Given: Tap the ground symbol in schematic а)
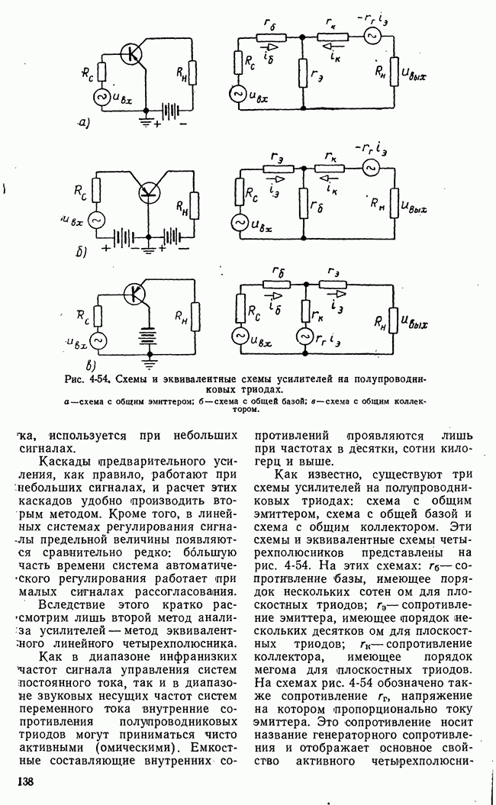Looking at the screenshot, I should click(x=145, y=121).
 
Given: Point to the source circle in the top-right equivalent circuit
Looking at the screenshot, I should click(x=373, y=35).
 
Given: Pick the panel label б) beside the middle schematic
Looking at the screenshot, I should click(x=82, y=250).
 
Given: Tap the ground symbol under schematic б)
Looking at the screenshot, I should click(x=150, y=249).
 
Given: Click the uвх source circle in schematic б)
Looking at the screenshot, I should click(x=97, y=219).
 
